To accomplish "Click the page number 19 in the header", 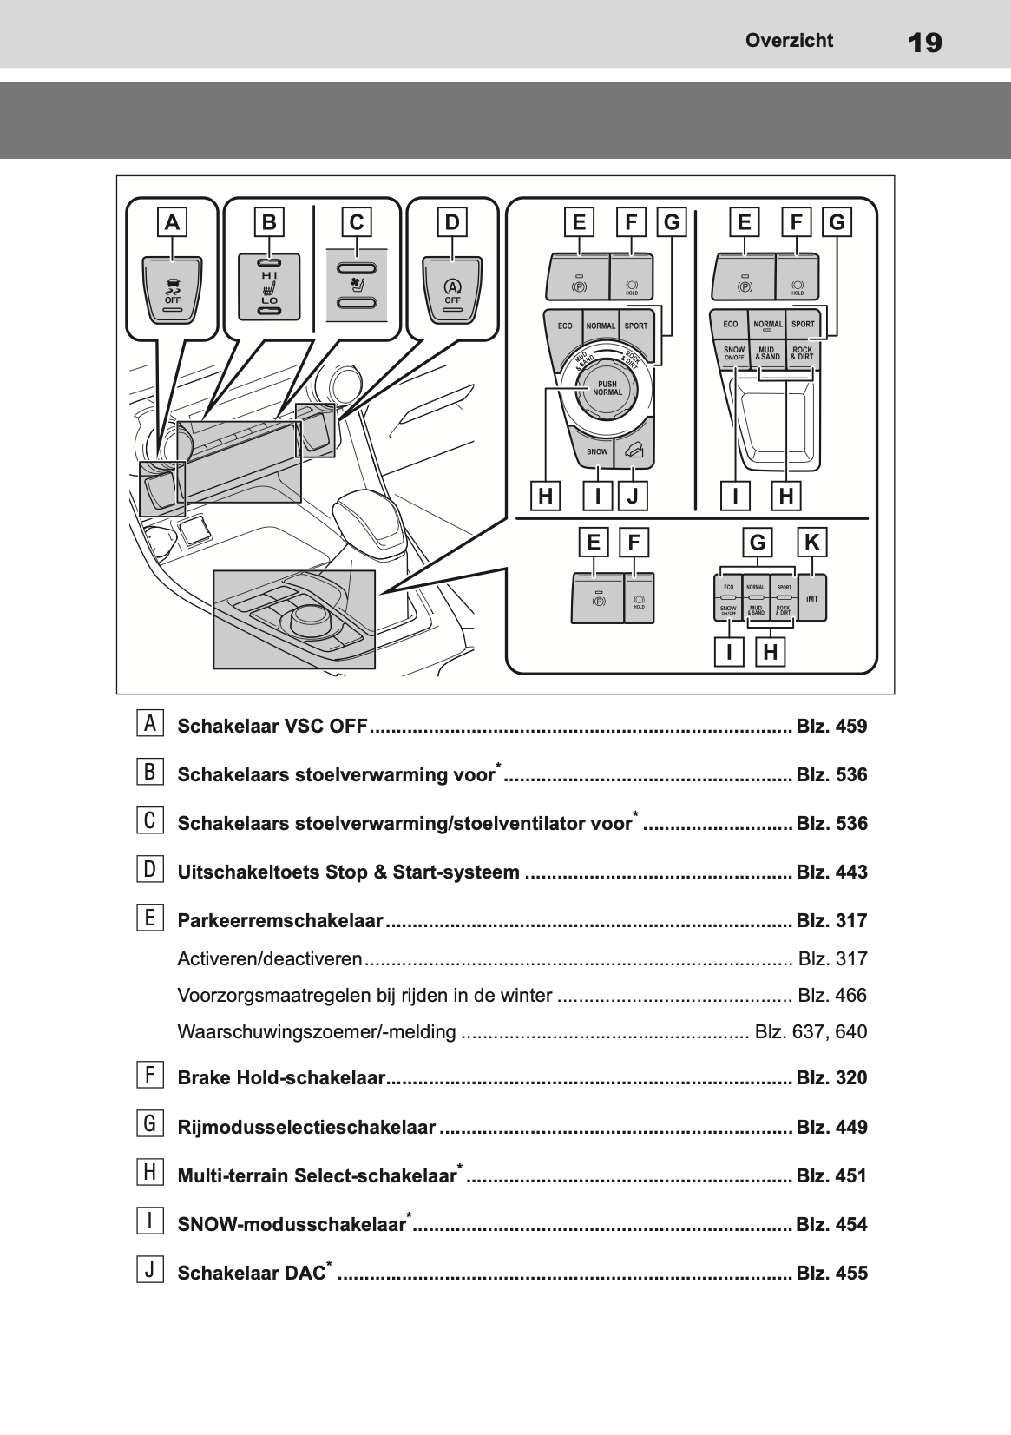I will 925,42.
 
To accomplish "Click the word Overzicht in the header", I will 789,40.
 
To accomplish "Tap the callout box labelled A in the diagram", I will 173,222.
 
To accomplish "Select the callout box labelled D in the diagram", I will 452,222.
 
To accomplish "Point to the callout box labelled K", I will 811,543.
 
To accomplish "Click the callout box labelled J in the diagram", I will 633,497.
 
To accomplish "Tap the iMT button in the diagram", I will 811,598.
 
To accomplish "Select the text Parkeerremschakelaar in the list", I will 279,921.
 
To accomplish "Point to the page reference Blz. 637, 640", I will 811,1032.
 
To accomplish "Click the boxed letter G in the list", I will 149,1124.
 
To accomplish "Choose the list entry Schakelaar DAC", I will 252,1274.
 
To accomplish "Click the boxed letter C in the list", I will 149,820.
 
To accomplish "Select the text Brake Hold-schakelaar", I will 280,1078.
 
